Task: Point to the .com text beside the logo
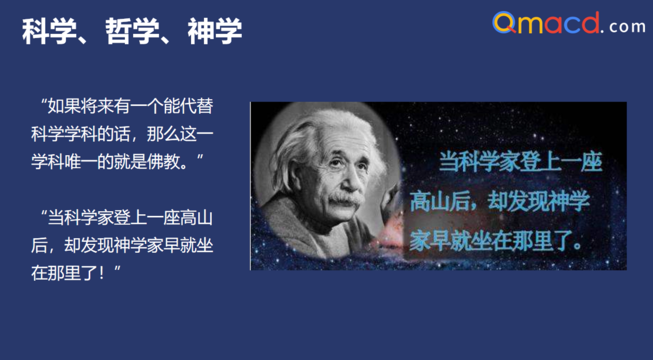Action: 627,27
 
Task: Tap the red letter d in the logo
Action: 590,23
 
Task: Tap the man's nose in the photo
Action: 346,182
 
